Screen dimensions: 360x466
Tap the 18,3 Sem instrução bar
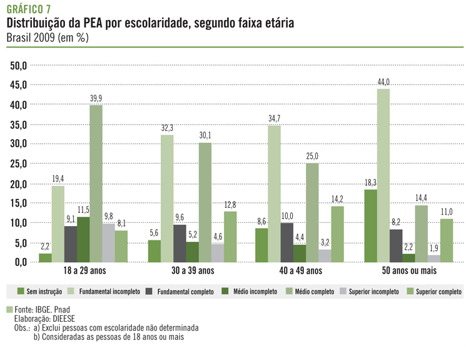pos(370,225)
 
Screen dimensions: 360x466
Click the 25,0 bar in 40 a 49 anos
pos(312,212)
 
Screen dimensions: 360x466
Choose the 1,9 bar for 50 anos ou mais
pos(433,258)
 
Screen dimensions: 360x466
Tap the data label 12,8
pos(231,205)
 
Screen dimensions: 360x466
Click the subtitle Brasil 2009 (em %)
pos(48,37)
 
